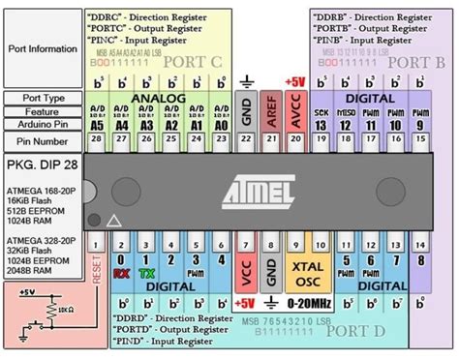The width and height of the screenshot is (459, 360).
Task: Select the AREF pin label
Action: [x=270, y=113]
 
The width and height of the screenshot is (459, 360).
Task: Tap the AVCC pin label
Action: [x=295, y=113]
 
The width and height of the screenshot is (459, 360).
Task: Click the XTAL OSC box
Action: [x=306, y=274]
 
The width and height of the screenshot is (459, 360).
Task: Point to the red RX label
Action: [x=122, y=275]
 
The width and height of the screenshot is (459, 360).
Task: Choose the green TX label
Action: [x=147, y=275]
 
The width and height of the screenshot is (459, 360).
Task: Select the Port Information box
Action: [x=43, y=47]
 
